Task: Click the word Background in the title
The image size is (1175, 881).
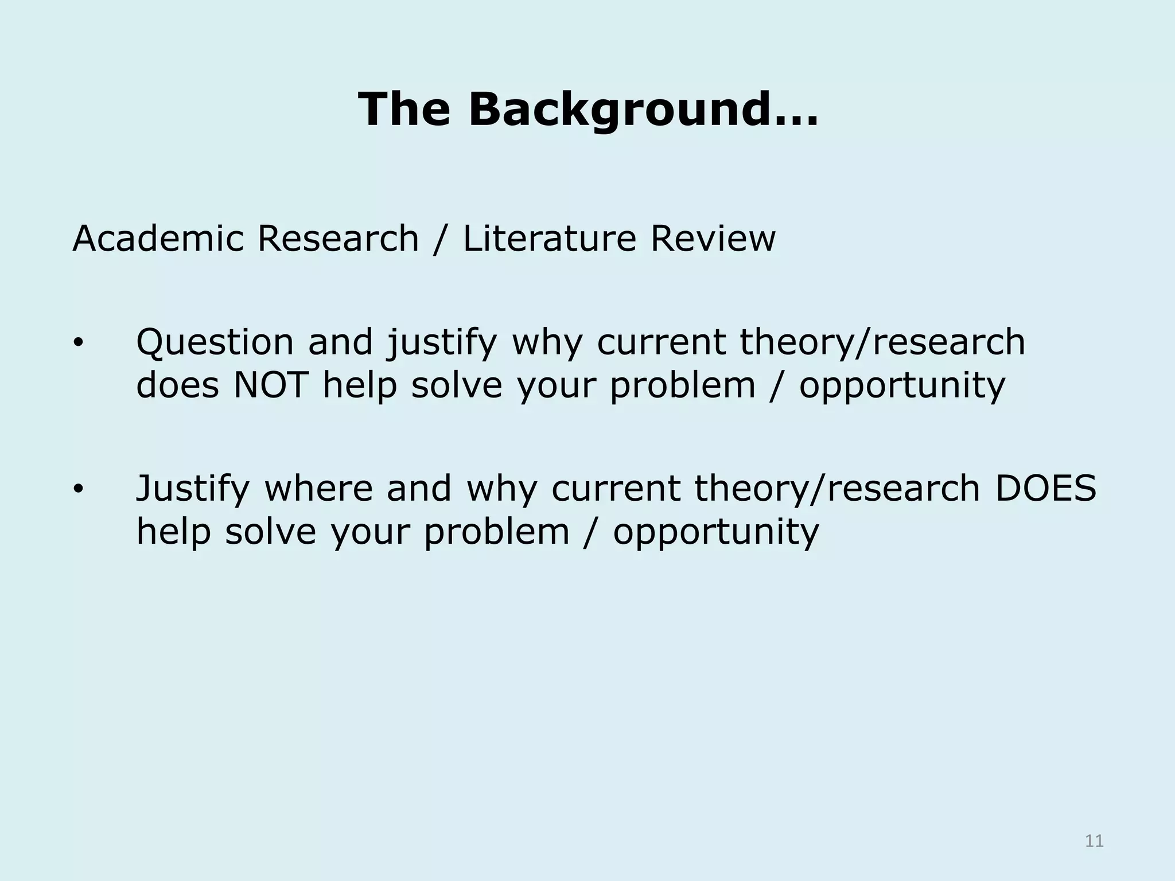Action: [x=643, y=110]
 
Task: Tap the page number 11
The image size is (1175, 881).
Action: [x=1094, y=841]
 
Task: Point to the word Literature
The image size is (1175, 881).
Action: [x=549, y=238]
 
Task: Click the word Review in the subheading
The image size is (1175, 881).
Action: [x=713, y=238]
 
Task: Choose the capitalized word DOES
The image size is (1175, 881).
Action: [x=1045, y=488]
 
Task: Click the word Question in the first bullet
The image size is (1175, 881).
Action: [x=215, y=342]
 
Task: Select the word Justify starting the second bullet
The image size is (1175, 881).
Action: [x=193, y=489]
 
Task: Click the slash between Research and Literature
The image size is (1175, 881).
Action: [x=440, y=239]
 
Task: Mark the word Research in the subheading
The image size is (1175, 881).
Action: [x=338, y=238]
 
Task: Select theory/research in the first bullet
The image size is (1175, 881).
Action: [x=882, y=342]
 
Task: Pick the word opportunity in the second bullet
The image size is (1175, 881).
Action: [x=716, y=533]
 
